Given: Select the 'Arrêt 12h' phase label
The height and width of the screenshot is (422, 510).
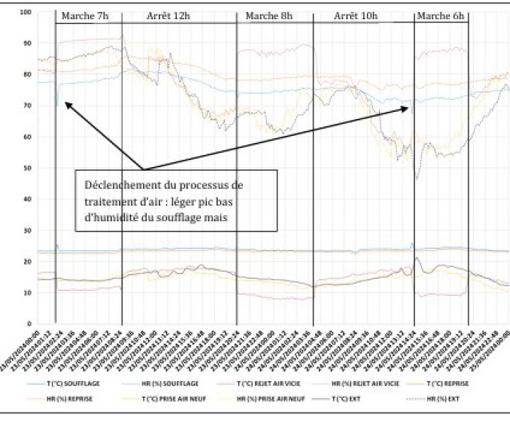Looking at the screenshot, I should (168, 16).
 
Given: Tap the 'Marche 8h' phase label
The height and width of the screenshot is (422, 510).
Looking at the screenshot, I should (269, 16).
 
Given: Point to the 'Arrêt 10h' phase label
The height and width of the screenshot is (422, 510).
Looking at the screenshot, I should (356, 16).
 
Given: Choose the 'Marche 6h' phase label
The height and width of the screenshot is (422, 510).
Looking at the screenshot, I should (441, 16).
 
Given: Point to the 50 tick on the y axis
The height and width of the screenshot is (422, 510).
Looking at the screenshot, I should (27, 168).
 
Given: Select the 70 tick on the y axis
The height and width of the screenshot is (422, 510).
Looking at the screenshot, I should (27, 105).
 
